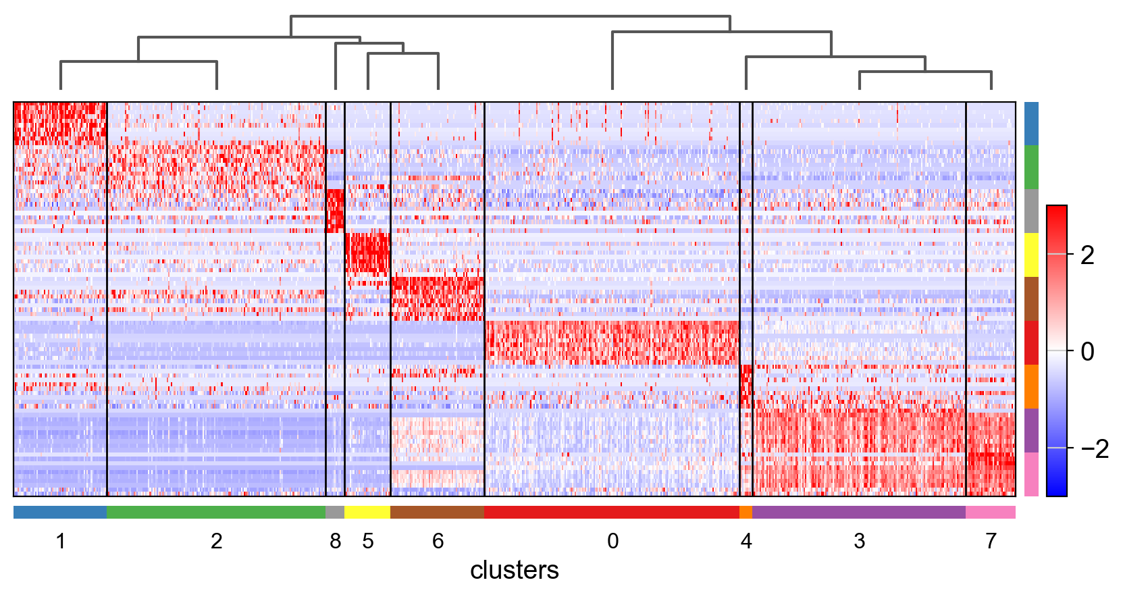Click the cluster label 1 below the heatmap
61,541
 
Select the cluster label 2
216,541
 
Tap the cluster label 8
335,541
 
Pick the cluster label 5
367,541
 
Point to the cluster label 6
438,541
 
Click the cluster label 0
612,541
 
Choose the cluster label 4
746,541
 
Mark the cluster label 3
859,541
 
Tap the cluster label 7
991,541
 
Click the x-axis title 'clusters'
514,571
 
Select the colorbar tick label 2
1087,255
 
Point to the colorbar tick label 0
1087,351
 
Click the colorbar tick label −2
1094,448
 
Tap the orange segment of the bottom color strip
746,513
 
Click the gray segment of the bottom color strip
335,513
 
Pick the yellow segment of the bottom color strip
367,513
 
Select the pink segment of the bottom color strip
991,513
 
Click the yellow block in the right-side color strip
1031,255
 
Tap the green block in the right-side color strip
1031,167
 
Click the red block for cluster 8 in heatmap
335,210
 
